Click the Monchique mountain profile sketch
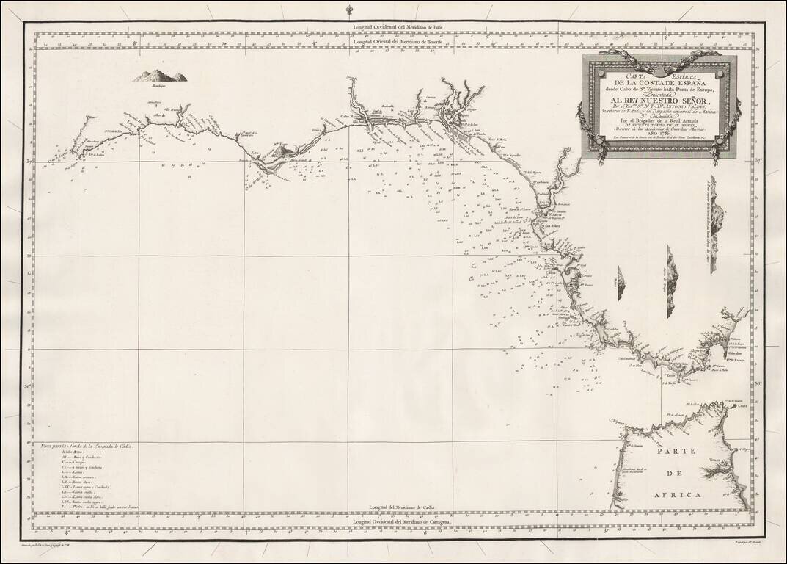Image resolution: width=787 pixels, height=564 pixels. tap(159, 76)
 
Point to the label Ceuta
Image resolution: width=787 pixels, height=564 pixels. tap(742, 406)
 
